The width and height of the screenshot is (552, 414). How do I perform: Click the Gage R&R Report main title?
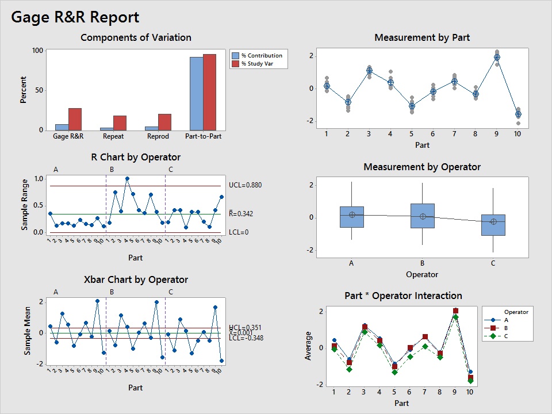pos(75,17)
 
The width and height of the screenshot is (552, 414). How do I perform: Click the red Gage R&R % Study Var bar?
pos(75,119)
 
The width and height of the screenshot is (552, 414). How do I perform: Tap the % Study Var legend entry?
pos(256,64)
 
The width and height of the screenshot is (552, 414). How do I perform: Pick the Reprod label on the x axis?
pos(158,137)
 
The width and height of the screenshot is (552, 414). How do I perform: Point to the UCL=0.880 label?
pos(245,185)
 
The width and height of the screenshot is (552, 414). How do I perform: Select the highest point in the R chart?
pos(127,179)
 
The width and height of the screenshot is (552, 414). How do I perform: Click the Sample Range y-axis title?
pos(25,205)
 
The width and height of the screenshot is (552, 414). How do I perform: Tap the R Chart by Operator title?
pos(136,157)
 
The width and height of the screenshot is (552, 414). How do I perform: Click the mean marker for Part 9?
pos(497,57)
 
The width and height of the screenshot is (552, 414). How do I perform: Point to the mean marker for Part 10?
pos(518,114)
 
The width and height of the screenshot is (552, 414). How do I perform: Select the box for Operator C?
pos(493,225)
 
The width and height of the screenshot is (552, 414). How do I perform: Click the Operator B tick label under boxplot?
pos(422,263)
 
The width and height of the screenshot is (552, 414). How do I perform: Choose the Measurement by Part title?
pos(421,37)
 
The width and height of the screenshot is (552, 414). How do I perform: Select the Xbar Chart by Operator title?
pos(136,279)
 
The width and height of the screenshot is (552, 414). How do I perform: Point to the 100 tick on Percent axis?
pos(37,50)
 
